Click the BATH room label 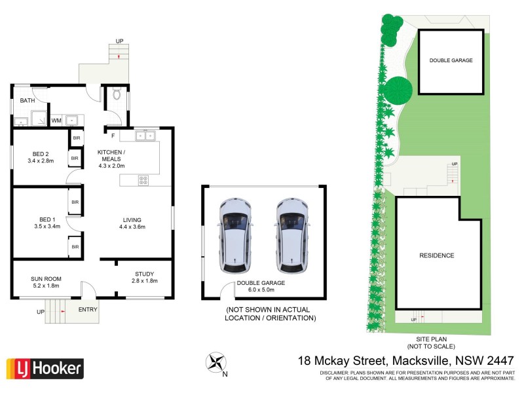[x=28, y=101]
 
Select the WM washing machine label [x=56, y=121]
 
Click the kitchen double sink [x=145, y=136]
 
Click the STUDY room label [x=144, y=274]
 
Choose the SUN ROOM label [x=45, y=278]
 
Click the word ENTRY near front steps [x=88, y=309]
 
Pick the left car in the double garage [x=236, y=235]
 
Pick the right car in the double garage [x=291, y=235]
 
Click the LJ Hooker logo [x=45, y=368]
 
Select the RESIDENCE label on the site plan [x=436, y=255]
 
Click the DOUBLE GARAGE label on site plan [x=451, y=60]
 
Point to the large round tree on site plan [x=398, y=90]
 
